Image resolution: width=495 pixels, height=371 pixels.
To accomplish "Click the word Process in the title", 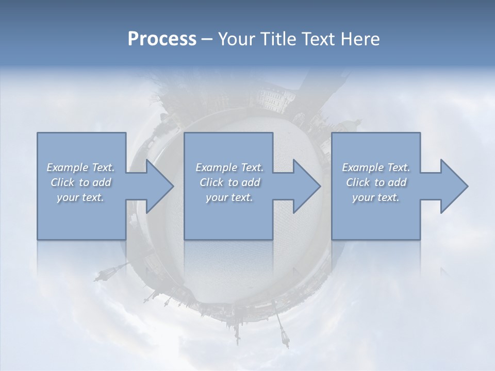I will click(162, 39).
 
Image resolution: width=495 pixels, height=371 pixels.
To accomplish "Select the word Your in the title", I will click(235, 39).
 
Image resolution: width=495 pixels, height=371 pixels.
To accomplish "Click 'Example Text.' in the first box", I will click(80, 167).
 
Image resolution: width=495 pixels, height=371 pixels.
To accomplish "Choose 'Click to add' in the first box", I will click(80, 182).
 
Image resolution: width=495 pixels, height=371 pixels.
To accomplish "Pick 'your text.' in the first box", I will click(80, 197).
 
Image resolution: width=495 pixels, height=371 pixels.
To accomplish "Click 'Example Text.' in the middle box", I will click(229, 167).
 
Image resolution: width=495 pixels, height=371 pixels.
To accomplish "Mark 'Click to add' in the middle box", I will click(229, 182).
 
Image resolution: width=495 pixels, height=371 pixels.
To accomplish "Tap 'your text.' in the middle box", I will click(229, 197).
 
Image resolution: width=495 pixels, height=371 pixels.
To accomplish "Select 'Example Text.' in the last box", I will click(376, 167).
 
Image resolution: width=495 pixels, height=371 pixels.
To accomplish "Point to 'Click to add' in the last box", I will click(376, 182).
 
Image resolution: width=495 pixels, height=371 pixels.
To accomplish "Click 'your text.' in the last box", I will click(376, 197).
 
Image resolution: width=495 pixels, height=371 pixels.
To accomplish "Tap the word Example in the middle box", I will click(216, 167).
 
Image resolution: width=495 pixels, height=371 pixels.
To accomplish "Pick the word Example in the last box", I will click(362, 167).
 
